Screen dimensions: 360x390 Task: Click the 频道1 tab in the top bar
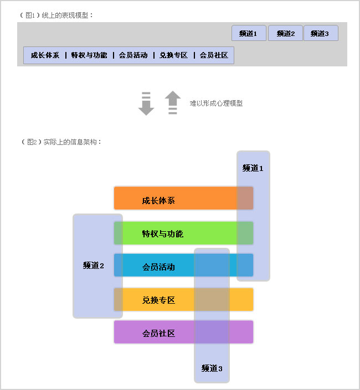point(249,33)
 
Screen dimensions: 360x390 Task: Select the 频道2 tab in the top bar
point(285,33)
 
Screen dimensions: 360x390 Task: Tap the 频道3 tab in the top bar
point(321,33)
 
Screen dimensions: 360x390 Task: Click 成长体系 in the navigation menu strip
point(45,55)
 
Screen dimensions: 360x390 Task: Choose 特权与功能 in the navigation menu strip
point(89,55)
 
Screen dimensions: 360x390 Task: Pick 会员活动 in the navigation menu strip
point(133,55)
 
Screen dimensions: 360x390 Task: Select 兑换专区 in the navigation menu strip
point(173,55)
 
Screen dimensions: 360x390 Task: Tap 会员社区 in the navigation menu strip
point(214,55)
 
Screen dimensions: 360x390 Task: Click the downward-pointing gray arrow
point(146,103)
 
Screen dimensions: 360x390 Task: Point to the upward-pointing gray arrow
point(173,102)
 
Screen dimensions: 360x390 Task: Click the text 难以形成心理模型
point(216,103)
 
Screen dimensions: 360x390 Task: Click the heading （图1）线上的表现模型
point(56,15)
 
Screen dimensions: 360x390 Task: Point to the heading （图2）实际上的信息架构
point(61,142)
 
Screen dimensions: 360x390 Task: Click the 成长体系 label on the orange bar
point(158,200)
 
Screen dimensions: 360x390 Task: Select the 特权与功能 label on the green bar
point(163,234)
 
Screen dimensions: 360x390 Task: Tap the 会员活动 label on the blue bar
point(158,267)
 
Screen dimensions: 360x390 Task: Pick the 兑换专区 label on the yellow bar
point(158,300)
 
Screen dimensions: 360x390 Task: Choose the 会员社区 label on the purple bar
point(158,333)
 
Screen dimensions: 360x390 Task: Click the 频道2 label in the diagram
point(94,266)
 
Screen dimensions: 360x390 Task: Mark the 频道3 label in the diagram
point(212,368)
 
